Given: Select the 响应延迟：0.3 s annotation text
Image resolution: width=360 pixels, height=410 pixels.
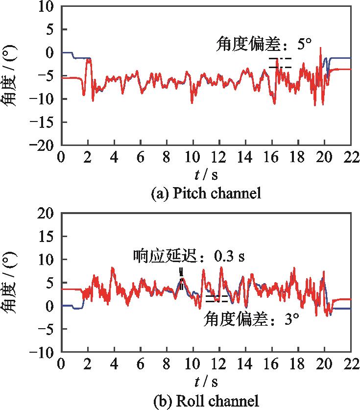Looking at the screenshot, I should coord(189,256).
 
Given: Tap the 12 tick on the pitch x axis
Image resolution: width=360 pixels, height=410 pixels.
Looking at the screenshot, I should coord(219,157).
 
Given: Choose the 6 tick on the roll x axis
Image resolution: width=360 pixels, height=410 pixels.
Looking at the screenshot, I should coord(140,365).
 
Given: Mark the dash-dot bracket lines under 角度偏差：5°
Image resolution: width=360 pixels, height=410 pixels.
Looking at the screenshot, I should coord(280,63).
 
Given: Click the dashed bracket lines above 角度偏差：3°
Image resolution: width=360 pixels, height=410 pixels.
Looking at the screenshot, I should coord(216,299).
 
